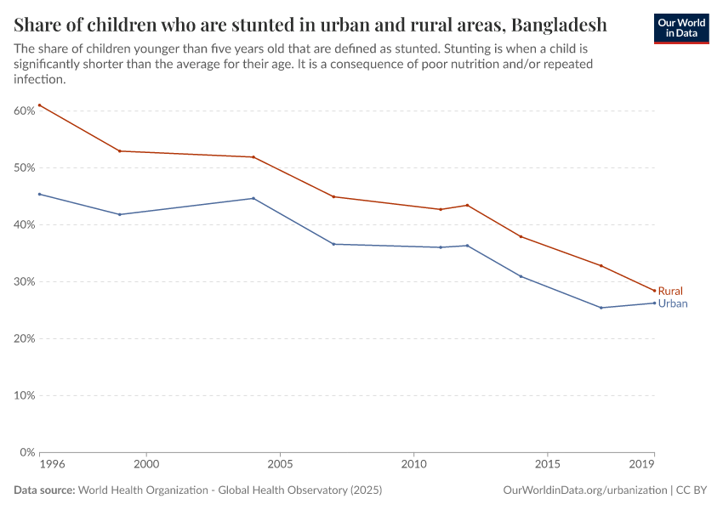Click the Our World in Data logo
click(681, 28)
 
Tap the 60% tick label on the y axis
click(24, 110)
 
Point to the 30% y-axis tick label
click(24, 281)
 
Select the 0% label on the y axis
click(26, 452)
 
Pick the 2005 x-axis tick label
click(280, 465)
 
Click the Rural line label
click(670, 291)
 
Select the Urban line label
click(673, 303)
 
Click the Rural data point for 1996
click(39, 105)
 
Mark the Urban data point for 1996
click(39, 194)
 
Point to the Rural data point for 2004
click(253, 157)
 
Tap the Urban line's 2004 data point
click(253, 198)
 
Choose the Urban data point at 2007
click(333, 244)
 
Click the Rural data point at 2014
click(521, 236)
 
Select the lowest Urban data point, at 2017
click(601, 308)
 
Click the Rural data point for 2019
click(654, 291)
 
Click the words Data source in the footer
click(44, 490)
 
